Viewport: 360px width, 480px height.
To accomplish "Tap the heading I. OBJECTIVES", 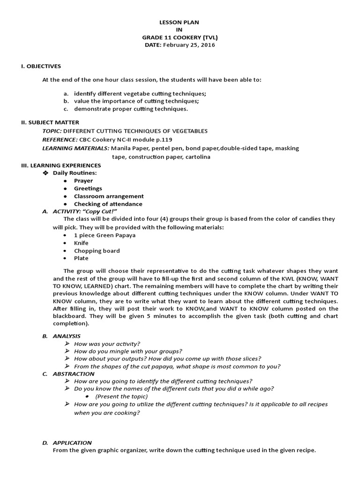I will click(x=41, y=66).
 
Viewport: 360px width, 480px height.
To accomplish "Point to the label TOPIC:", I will click(x=52, y=131).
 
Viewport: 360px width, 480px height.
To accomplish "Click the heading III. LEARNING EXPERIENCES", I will click(x=61, y=165).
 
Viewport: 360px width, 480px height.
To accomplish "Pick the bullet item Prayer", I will click(x=83, y=181).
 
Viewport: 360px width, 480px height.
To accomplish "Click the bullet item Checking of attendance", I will click(x=108, y=204).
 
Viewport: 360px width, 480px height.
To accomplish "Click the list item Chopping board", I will click(x=97, y=250).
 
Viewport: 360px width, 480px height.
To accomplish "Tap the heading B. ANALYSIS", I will click(x=61, y=336).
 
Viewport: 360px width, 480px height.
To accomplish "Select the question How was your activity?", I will click(x=107, y=344).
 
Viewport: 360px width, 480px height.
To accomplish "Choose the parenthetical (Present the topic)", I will click(x=121, y=396).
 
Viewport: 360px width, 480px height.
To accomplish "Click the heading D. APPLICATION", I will click(x=67, y=442).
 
